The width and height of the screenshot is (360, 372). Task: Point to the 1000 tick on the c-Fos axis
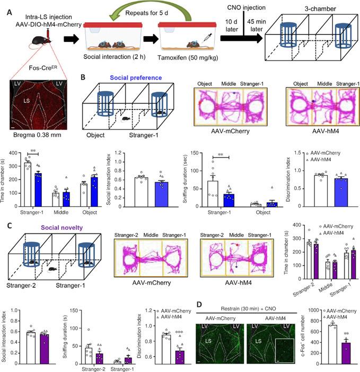point(312,309)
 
